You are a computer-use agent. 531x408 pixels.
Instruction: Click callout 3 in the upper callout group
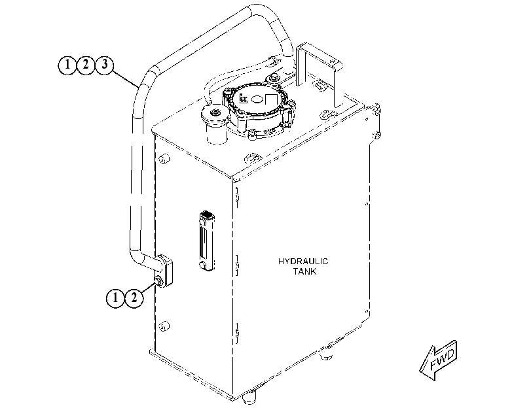105,64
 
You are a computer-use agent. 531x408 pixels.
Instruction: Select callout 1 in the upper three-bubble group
67,64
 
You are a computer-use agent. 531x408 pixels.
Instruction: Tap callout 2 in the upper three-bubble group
86,64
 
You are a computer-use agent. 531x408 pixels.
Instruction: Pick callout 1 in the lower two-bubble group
115,298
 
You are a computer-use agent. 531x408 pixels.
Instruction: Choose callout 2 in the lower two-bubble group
134,298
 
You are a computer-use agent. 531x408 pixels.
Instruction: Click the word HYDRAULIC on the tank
303,261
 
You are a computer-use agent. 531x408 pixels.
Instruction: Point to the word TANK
304,271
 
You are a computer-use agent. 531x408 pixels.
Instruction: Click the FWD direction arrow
439,361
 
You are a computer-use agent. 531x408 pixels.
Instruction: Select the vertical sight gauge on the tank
207,241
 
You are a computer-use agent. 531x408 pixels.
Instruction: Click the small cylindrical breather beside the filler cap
215,124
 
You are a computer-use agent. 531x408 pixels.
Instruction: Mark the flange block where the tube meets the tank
165,270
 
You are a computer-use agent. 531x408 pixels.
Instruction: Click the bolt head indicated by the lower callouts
158,280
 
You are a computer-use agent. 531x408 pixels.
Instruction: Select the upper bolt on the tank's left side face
164,158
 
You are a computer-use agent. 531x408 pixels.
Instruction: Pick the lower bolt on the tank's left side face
164,326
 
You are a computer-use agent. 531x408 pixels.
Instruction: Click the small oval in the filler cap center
257,99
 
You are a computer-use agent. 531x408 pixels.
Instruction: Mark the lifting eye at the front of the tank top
253,158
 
